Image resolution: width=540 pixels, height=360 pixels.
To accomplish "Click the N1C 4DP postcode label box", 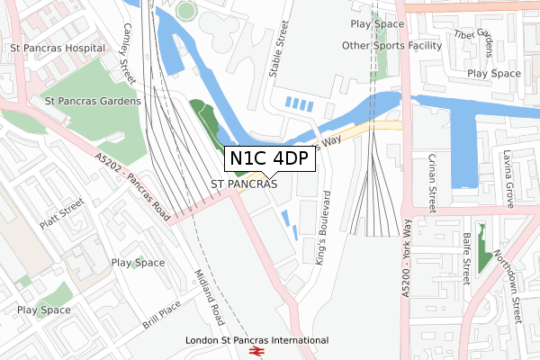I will point(270,158).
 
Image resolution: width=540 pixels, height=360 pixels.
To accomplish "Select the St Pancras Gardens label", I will point(86,102).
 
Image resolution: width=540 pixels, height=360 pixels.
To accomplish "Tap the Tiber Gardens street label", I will point(475,35).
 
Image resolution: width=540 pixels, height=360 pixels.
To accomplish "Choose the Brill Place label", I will point(162,315).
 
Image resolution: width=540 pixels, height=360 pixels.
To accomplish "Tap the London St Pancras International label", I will point(256,340).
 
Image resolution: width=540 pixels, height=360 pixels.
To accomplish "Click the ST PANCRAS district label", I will point(244,184).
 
